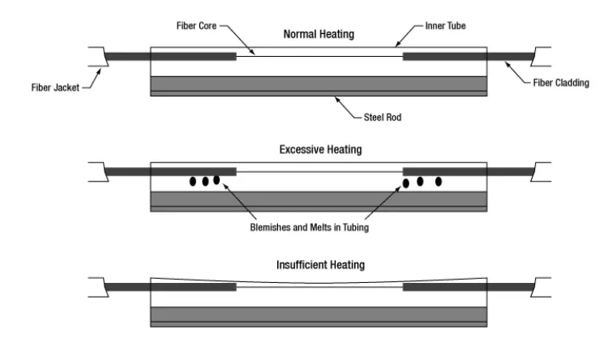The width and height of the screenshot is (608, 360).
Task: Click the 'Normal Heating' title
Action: click(x=319, y=34)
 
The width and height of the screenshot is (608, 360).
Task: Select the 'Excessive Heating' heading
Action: click(x=321, y=149)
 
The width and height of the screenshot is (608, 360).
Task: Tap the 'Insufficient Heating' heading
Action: click(x=321, y=264)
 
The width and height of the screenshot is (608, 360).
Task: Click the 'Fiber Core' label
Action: click(x=196, y=26)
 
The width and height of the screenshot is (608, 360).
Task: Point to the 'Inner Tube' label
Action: click(x=446, y=26)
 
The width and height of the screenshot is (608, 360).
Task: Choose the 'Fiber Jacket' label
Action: click(x=55, y=88)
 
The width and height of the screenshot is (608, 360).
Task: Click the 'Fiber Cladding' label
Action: click(x=561, y=83)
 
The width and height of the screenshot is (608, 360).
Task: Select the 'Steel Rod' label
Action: click(x=383, y=117)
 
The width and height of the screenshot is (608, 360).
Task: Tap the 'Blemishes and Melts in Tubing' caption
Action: click(x=310, y=227)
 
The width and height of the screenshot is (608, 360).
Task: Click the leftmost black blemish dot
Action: click(x=193, y=181)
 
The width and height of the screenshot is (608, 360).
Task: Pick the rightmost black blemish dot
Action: click(x=439, y=182)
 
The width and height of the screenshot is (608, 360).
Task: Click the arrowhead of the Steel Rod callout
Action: click(x=337, y=99)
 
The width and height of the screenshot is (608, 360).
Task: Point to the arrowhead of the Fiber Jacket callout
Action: click(x=99, y=72)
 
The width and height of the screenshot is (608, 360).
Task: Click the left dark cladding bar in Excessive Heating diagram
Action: click(x=170, y=171)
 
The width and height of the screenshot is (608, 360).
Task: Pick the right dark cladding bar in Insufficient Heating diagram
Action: click(x=469, y=287)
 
